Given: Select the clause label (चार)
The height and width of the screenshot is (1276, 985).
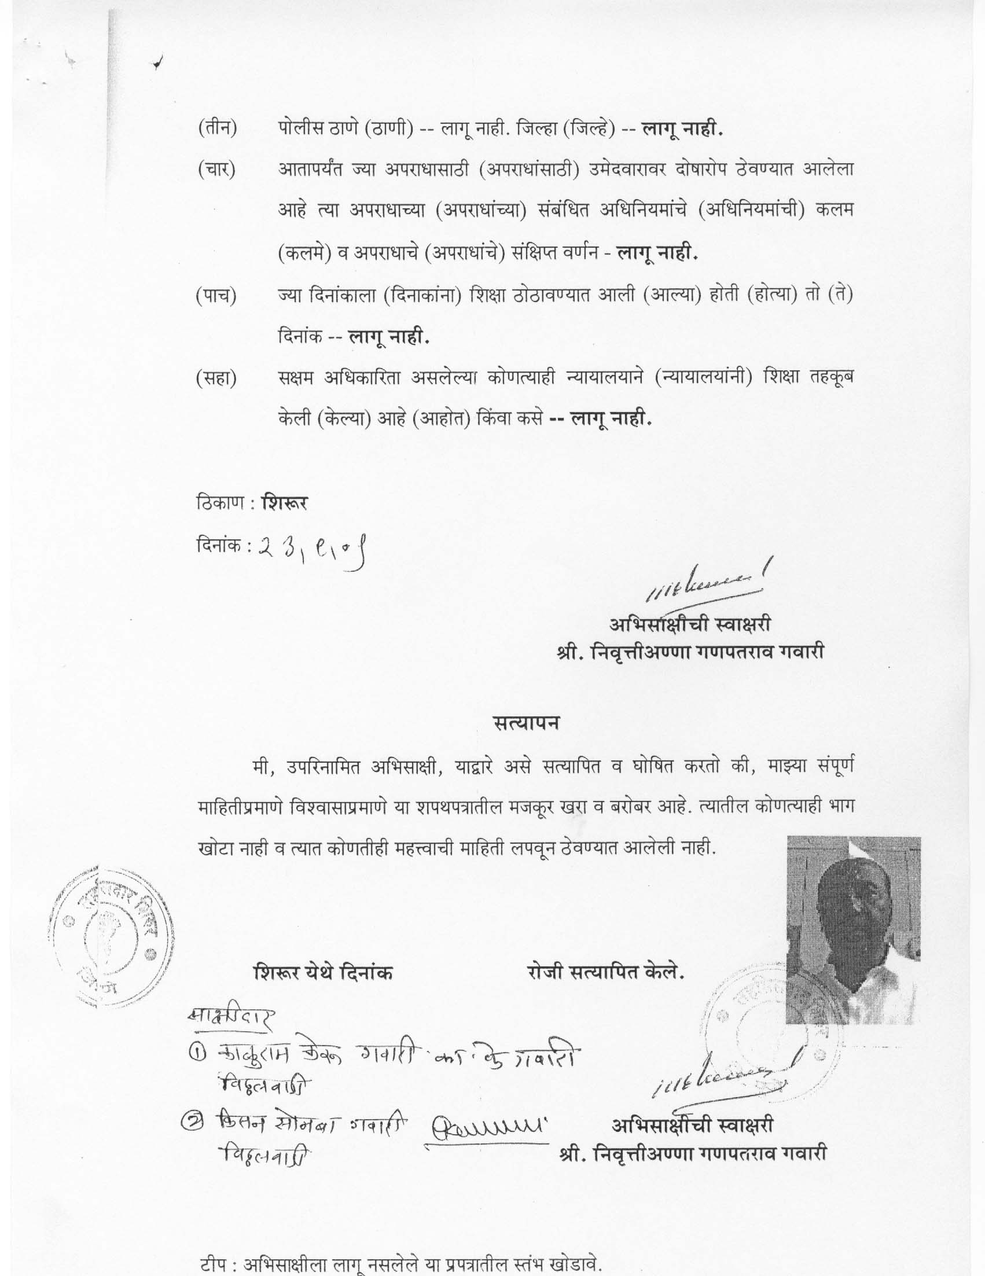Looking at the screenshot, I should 216,171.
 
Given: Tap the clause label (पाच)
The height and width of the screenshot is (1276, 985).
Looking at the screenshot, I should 216,296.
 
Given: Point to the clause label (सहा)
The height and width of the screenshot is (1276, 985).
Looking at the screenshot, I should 216,379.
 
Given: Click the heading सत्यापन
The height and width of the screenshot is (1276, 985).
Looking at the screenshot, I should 525,723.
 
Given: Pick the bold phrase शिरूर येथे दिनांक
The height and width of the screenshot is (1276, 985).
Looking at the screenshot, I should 322,972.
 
